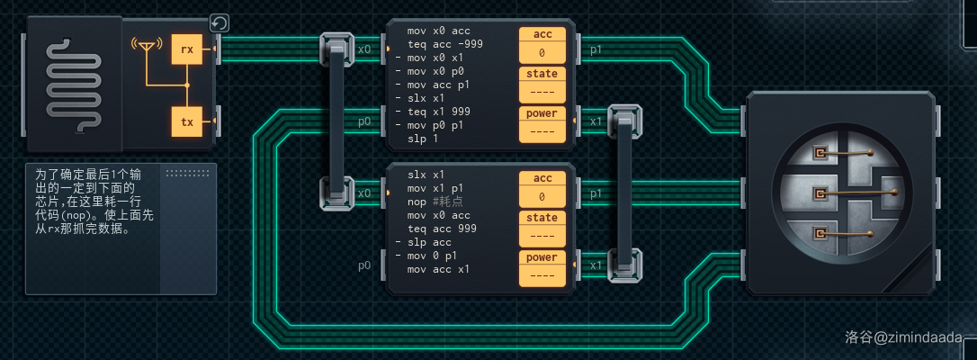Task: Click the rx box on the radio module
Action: pos(187,50)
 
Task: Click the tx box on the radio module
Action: pos(187,121)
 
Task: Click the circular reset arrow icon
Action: pos(219,23)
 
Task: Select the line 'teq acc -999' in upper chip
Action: pos(445,44)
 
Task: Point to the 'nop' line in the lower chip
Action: pos(441,202)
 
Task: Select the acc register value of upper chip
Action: pos(542,53)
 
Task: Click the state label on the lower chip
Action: pos(542,218)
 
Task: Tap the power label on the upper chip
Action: pos(542,113)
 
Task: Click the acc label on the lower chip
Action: pos(542,178)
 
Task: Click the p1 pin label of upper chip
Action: pos(596,49)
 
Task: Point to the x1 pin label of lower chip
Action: pos(596,265)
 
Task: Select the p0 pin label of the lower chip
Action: pos(364,265)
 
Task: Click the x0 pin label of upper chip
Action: pos(364,49)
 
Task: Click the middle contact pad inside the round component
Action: pos(820,193)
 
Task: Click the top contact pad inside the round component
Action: pos(820,153)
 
